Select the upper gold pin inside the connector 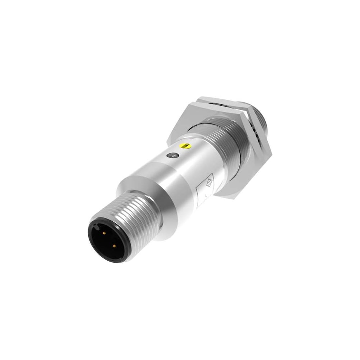coord(105,233)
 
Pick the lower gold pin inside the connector coord(114,246)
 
